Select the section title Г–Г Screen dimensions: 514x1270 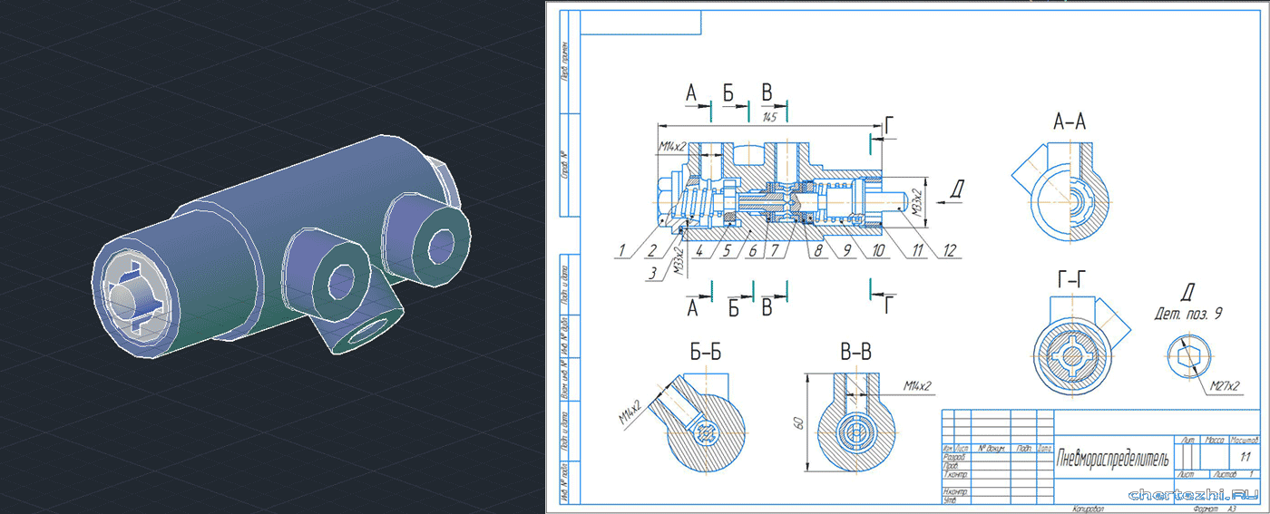tap(1074, 283)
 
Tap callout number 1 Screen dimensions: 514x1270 tap(623, 249)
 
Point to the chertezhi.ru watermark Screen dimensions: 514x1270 tap(1193, 495)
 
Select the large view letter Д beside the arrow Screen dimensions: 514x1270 tap(958, 189)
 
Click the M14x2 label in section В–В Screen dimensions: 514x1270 tap(917, 387)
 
